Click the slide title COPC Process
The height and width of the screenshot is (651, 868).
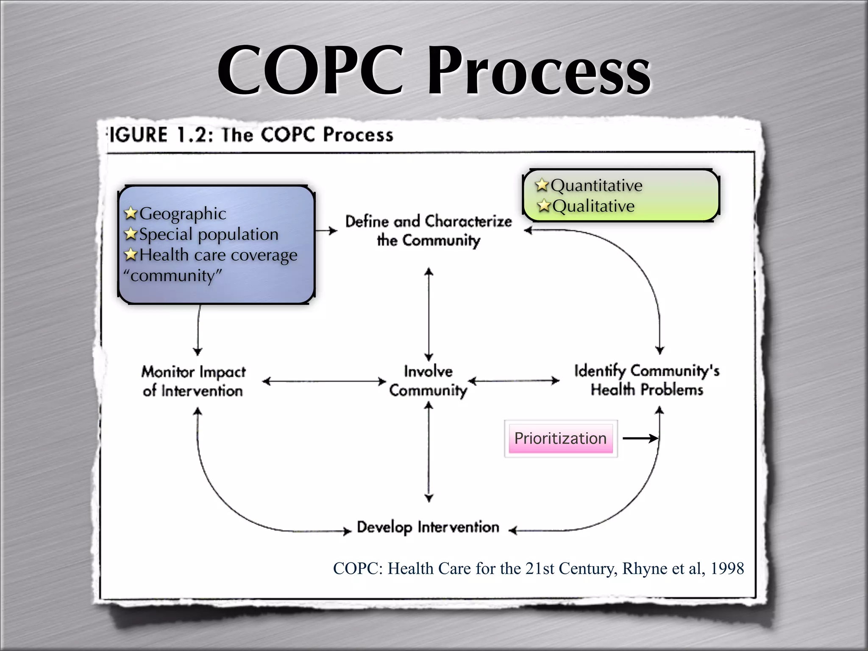tap(434, 70)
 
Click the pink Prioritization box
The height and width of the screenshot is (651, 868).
tap(560, 438)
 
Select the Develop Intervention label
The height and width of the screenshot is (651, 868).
tap(428, 527)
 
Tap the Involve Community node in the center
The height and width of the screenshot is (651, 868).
tap(428, 381)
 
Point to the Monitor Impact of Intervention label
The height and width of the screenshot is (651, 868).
tap(193, 381)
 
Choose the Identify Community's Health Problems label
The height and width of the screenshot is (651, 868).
tap(647, 380)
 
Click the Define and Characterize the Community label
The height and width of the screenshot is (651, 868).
tap(428, 231)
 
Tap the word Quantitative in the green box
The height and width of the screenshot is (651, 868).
tap(597, 185)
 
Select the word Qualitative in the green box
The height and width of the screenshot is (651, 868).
tap(593, 206)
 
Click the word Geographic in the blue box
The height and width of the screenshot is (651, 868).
tap(183, 214)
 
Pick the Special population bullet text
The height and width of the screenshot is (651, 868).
tap(209, 234)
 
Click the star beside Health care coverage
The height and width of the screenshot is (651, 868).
tap(131, 255)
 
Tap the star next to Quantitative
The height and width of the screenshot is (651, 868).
tap(542, 185)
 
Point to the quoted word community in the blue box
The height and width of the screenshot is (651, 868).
tap(172, 276)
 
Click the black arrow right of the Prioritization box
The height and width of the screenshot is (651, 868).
tap(640, 439)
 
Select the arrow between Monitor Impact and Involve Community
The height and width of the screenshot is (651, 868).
tap(324, 381)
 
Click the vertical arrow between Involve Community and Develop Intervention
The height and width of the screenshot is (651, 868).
tap(429, 451)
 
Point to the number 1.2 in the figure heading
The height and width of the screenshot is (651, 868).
tap(195, 135)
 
